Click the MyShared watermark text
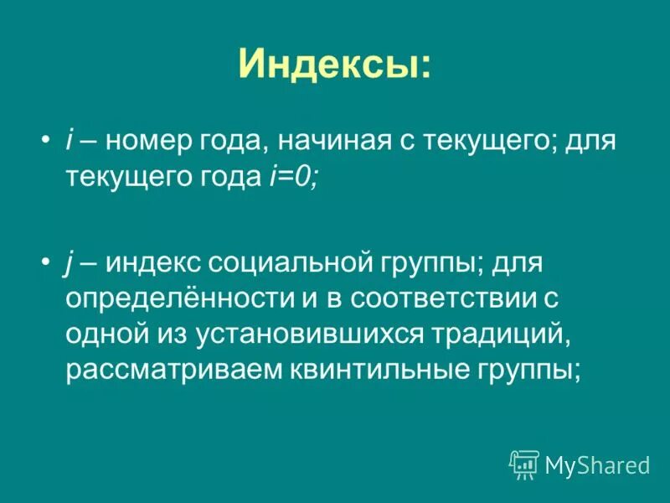(x=597, y=464)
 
